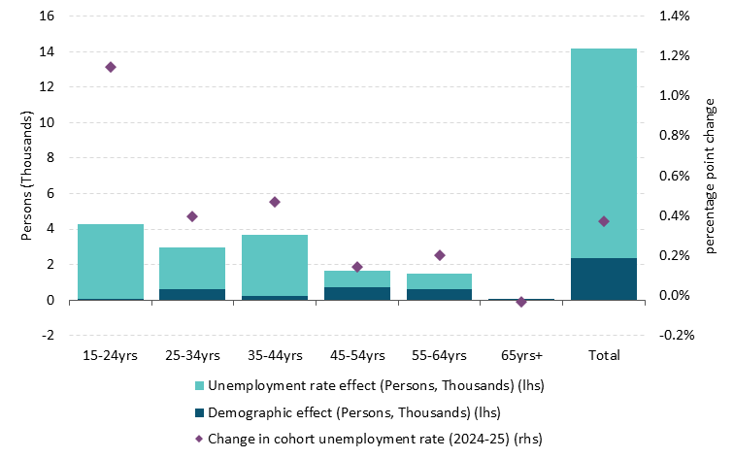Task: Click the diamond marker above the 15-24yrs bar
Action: (111, 67)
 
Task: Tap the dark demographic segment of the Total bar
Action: (604, 279)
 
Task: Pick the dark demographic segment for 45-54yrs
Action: (357, 293)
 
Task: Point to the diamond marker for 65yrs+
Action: (521, 302)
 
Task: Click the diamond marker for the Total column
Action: (604, 221)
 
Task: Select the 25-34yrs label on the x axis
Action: (192, 355)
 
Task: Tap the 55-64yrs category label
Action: (440, 355)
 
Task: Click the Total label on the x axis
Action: (604, 355)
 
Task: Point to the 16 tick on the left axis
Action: (48, 16)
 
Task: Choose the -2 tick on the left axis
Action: (50, 335)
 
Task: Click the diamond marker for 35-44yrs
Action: (275, 202)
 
